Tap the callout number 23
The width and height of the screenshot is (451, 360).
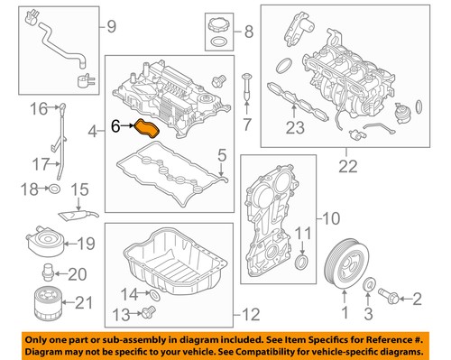[295, 127]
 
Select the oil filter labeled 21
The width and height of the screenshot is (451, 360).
[47, 304]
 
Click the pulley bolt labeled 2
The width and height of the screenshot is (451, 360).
[389, 295]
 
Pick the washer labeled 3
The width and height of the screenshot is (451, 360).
[369, 284]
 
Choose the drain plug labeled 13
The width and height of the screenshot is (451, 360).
[149, 311]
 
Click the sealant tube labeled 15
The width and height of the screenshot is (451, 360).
[78, 215]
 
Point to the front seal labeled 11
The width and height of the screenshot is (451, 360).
[302, 262]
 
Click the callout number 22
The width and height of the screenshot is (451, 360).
[348, 167]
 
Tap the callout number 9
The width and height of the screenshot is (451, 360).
[112, 26]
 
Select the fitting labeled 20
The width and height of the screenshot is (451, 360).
[47, 272]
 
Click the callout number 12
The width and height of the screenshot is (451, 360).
[251, 315]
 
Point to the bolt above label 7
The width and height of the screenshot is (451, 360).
[247, 87]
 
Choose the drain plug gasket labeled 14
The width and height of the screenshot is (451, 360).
[155, 295]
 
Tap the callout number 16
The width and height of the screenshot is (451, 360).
[39, 109]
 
